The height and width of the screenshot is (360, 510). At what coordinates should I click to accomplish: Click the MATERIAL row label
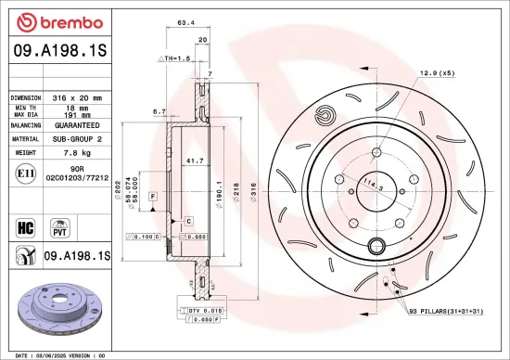pos(25,137)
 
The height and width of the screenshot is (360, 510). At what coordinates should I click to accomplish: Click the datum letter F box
pos(151,199)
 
